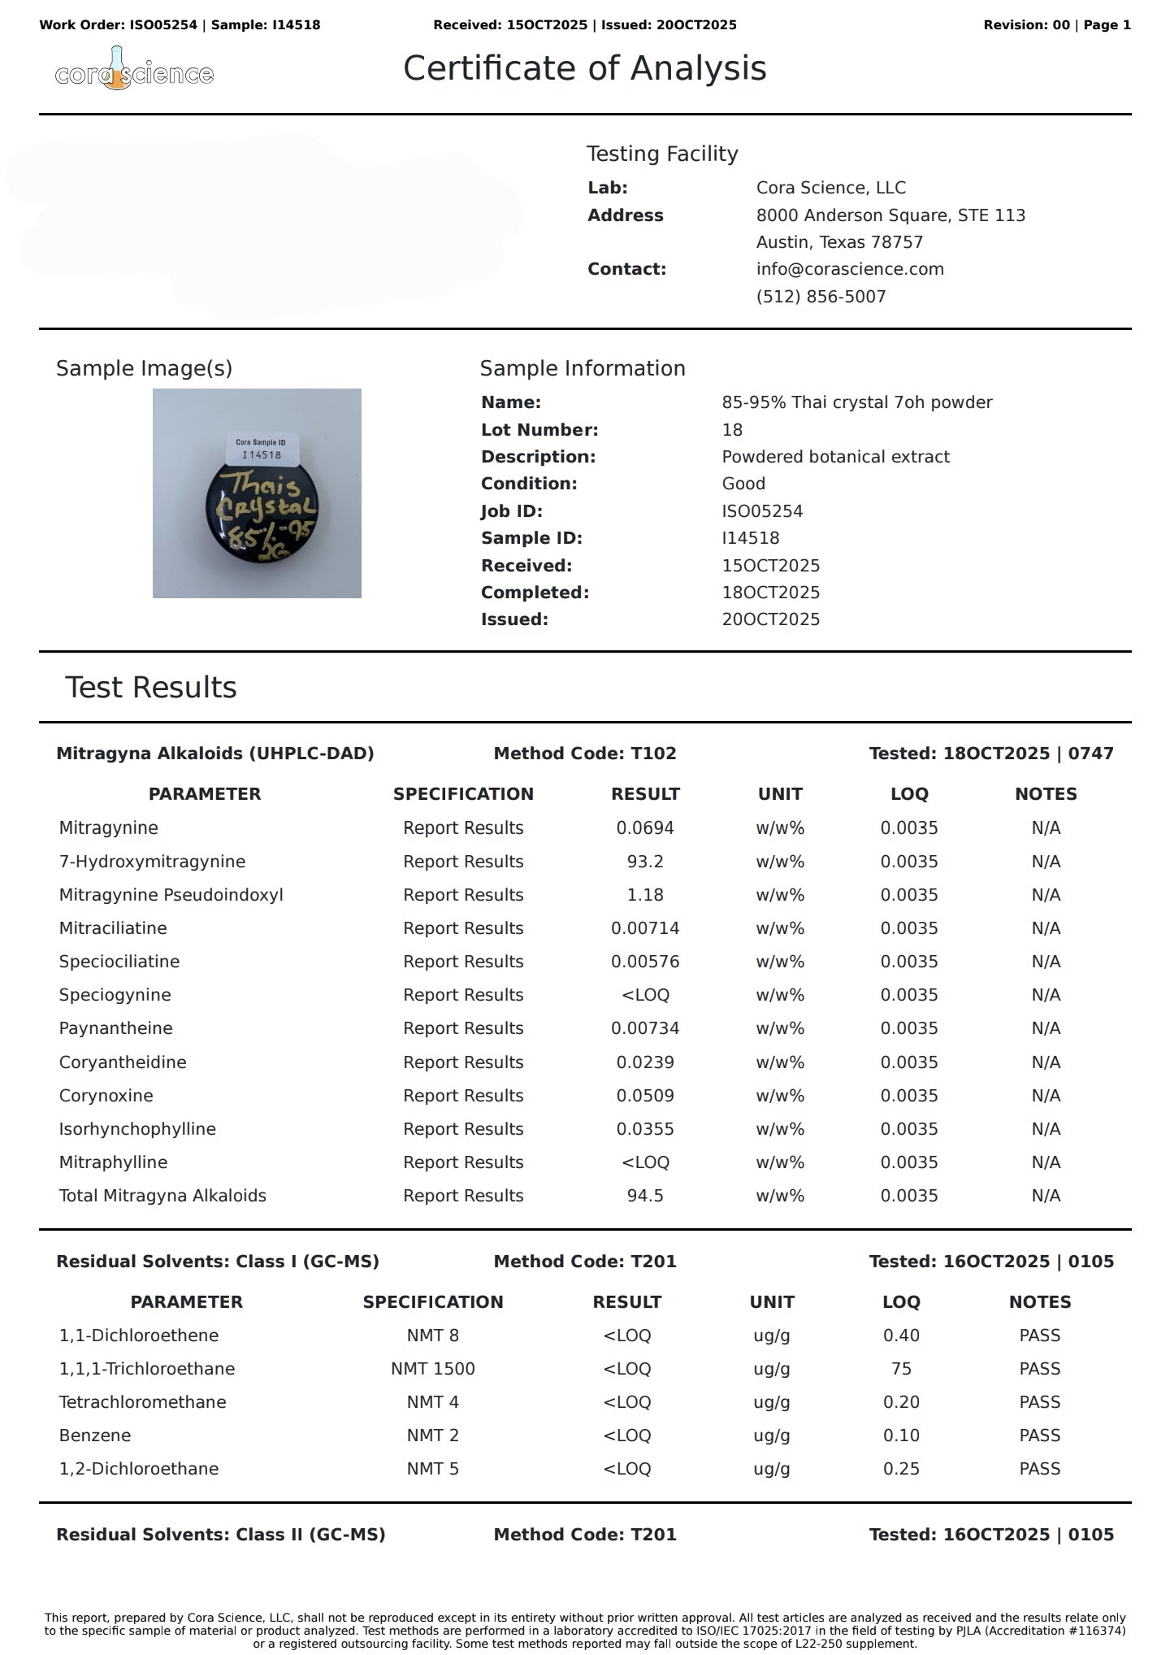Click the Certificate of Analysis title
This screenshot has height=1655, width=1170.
tap(584, 68)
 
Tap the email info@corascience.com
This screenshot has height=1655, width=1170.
tap(850, 269)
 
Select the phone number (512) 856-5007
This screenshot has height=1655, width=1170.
tap(821, 297)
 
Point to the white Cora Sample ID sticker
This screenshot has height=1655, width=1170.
tap(262, 449)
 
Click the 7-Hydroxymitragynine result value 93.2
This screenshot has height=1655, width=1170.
tap(645, 862)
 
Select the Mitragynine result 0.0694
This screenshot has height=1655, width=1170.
tap(645, 828)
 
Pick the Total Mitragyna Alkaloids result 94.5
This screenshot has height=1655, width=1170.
tap(645, 1196)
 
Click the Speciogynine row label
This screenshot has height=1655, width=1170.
tap(115, 995)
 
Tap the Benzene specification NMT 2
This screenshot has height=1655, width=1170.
tap(433, 1436)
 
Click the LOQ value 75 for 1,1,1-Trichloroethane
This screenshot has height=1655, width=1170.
tap(901, 1369)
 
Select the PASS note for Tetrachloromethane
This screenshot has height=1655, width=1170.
tap(1039, 1402)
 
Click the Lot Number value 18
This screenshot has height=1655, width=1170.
tap(732, 430)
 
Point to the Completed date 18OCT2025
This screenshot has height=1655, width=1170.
tap(770, 593)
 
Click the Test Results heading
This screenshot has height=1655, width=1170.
tap(151, 688)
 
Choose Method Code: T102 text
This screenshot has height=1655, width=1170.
tap(584, 754)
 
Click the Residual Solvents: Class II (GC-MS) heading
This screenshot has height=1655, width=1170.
tap(220, 1535)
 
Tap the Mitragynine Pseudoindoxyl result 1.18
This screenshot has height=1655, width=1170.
tap(645, 895)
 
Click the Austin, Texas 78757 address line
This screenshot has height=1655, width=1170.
tap(839, 242)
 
